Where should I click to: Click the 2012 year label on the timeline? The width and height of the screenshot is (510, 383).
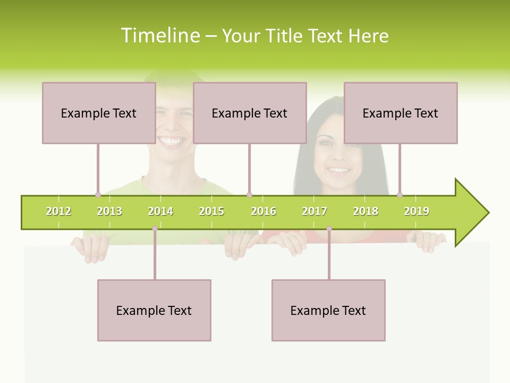(x=58, y=211)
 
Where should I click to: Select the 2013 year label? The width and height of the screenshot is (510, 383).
(x=109, y=211)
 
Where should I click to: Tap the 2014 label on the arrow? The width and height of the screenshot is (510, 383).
(x=160, y=211)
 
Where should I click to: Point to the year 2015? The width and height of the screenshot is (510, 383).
(x=211, y=211)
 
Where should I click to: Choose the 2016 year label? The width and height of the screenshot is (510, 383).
(x=263, y=211)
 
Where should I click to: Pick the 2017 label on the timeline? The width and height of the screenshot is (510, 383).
(x=314, y=211)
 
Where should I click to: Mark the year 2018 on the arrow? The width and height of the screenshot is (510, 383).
(x=365, y=211)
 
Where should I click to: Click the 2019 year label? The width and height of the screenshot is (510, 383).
(x=416, y=211)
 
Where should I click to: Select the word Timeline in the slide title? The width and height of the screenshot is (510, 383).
(x=159, y=36)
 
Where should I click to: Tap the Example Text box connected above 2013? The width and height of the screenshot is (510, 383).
(x=99, y=113)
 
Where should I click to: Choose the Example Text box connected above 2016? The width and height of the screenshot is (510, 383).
(x=250, y=113)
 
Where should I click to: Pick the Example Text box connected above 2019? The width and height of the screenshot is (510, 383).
(x=401, y=113)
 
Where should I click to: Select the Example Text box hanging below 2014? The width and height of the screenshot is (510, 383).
(x=154, y=310)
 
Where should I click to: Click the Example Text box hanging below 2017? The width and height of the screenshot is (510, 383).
(x=328, y=310)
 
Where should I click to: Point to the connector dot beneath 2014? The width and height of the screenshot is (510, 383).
(x=155, y=229)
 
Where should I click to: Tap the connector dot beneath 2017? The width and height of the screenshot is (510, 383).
(x=329, y=229)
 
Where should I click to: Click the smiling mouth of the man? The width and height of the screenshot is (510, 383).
(x=172, y=141)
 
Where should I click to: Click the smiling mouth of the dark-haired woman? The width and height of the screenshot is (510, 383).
(x=338, y=170)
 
